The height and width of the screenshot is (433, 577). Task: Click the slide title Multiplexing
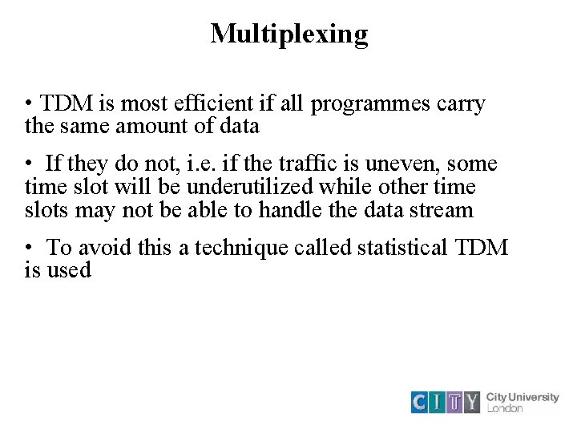pyautogui.click(x=288, y=34)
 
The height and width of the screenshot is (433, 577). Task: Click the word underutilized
pyautogui.click(x=251, y=187)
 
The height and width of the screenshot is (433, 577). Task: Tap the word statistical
pyautogui.click(x=402, y=248)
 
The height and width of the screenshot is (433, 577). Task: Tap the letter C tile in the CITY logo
pyautogui.click(x=420, y=402)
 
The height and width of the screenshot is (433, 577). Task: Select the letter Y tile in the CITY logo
pyautogui.click(x=472, y=402)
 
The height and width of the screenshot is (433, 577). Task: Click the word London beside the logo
pyautogui.click(x=505, y=408)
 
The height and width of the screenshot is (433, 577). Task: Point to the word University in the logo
pyautogui.click(x=533, y=397)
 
